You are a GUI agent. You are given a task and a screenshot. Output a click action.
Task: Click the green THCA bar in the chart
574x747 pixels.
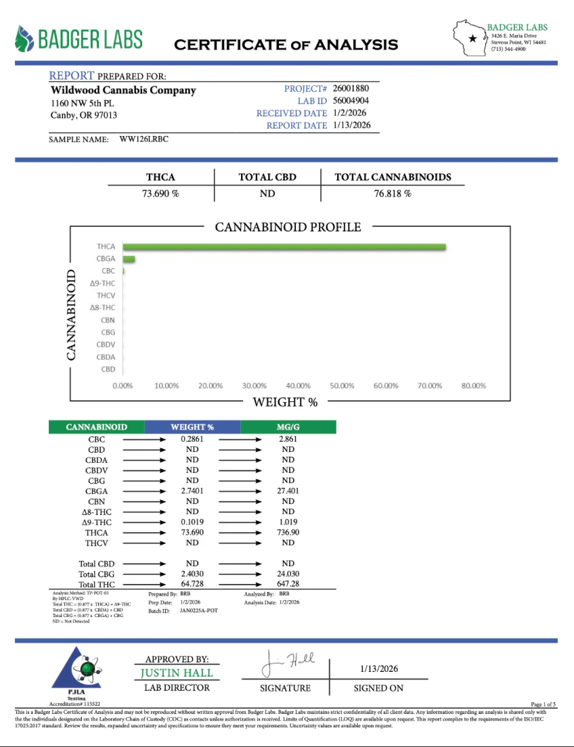click(x=284, y=247)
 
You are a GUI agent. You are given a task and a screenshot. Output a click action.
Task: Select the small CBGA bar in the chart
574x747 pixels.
click(x=129, y=259)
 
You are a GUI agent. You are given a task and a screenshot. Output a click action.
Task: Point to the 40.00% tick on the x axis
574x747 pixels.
click(x=298, y=386)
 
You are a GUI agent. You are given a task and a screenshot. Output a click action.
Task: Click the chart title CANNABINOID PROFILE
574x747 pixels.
click(x=288, y=227)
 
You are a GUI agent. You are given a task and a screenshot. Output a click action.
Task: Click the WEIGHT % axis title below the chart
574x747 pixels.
click(x=285, y=402)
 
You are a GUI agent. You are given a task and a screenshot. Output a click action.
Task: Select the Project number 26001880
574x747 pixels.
click(x=351, y=89)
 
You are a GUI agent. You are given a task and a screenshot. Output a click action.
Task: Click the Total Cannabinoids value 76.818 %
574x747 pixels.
click(x=393, y=193)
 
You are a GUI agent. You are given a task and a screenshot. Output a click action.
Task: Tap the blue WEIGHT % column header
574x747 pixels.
click(x=192, y=427)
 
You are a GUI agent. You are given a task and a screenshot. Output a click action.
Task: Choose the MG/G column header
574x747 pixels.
click(x=288, y=427)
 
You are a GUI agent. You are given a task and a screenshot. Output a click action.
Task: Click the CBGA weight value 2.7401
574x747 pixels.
click(x=192, y=491)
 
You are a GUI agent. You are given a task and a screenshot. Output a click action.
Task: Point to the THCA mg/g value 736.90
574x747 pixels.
click(x=288, y=533)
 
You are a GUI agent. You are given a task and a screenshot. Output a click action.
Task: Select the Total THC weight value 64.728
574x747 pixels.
click(x=192, y=584)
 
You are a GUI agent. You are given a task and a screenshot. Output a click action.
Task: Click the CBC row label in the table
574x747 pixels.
click(x=96, y=439)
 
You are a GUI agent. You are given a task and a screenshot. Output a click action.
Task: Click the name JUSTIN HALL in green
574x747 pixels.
click(x=177, y=673)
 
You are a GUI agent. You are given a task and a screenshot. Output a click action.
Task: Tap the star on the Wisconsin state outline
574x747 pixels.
click(x=472, y=39)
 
